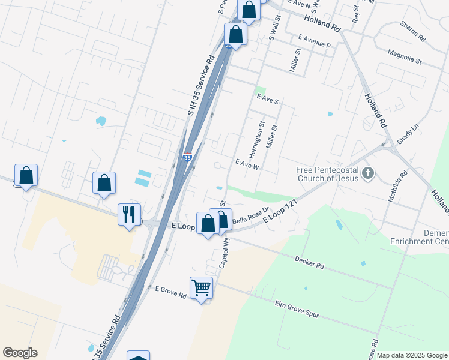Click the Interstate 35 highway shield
[187, 158]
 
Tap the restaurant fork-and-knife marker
[129, 214]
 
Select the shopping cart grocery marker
[201, 287]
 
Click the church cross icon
[368, 175]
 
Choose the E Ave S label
[267, 100]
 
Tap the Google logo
[20, 353]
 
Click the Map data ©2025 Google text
[412, 355]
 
